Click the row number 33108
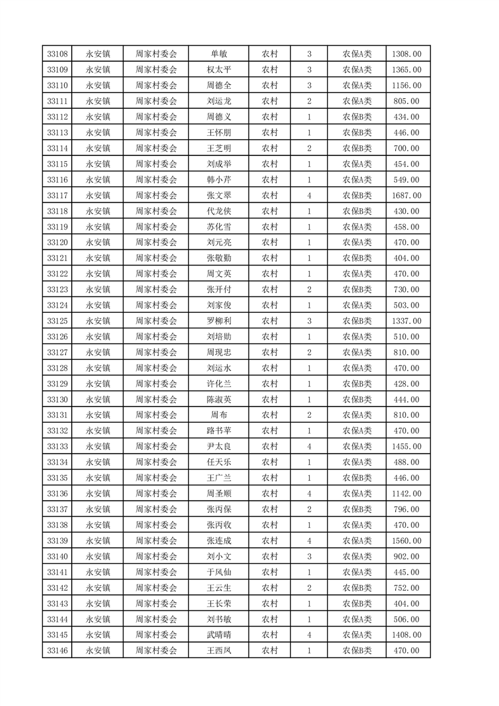pos(57,54)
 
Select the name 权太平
pos(219,70)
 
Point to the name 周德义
pos(219,117)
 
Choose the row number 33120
pos(57,242)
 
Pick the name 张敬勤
pos(219,258)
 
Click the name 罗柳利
pos(219,321)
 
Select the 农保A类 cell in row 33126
pos(357,337)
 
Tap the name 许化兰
pos(219,384)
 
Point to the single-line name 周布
pos(219,415)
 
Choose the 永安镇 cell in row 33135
pos(98,478)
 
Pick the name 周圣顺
pos(219,493)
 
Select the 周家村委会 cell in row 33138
pos(157,525)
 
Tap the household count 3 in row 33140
pos(310,556)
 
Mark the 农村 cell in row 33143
pos(270,603)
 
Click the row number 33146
pos(57,650)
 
